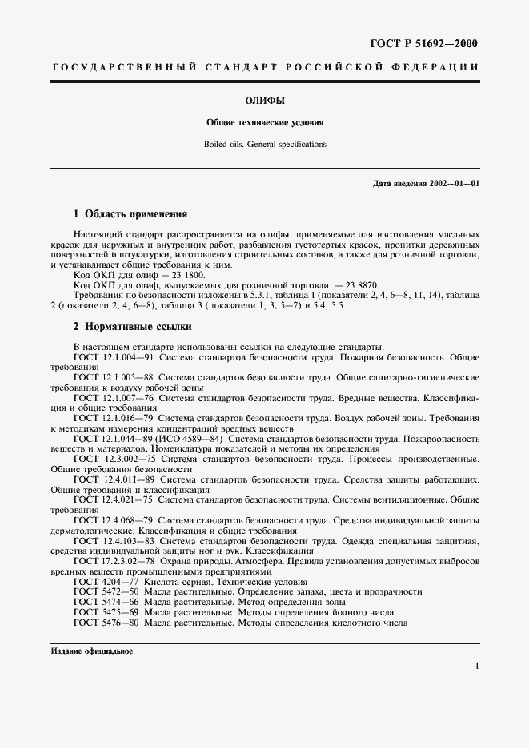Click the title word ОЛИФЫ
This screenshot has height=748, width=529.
click(x=264, y=101)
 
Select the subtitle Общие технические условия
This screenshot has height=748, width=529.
click(x=264, y=124)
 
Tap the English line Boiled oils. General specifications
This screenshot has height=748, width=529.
click(x=264, y=145)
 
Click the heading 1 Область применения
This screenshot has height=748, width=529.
click(x=130, y=214)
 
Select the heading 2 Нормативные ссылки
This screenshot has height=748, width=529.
click(x=132, y=327)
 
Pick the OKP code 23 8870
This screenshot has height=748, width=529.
click(x=359, y=284)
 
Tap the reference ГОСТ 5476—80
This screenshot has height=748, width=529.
click(x=106, y=622)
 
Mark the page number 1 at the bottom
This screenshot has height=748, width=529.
click(x=476, y=666)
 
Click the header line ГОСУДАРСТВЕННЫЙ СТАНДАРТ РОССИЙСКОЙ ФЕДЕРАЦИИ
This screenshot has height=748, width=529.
click(x=264, y=68)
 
